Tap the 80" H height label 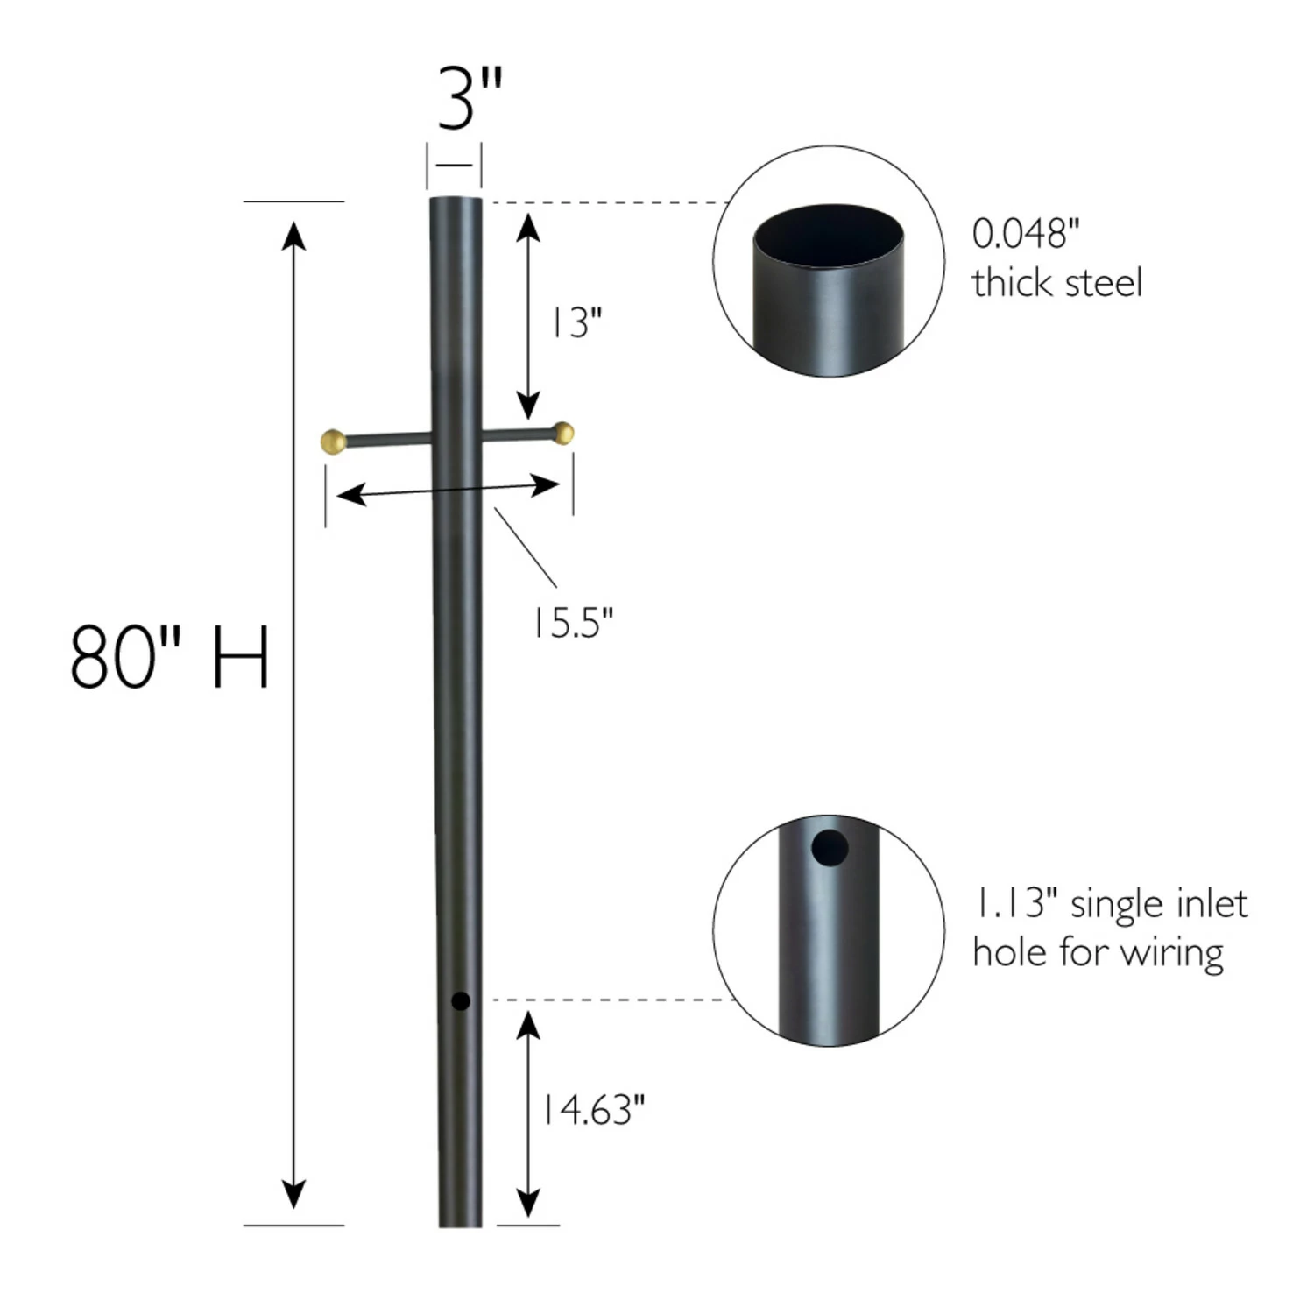click(x=169, y=657)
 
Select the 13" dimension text click(x=575, y=323)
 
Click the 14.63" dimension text click(x=593, y=1110)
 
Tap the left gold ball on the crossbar click(x=333, y=440)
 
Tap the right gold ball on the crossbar click(x=565, y=432)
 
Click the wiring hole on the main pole click(x=460, y=1000)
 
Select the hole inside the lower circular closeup click(x=829, y=848)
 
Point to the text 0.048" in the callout click(x=1025, y=234)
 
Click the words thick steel click(x=1056, y=283)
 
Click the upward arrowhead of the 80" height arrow click(x=293, y=235)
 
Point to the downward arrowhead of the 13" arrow click(x=527, y=406)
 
